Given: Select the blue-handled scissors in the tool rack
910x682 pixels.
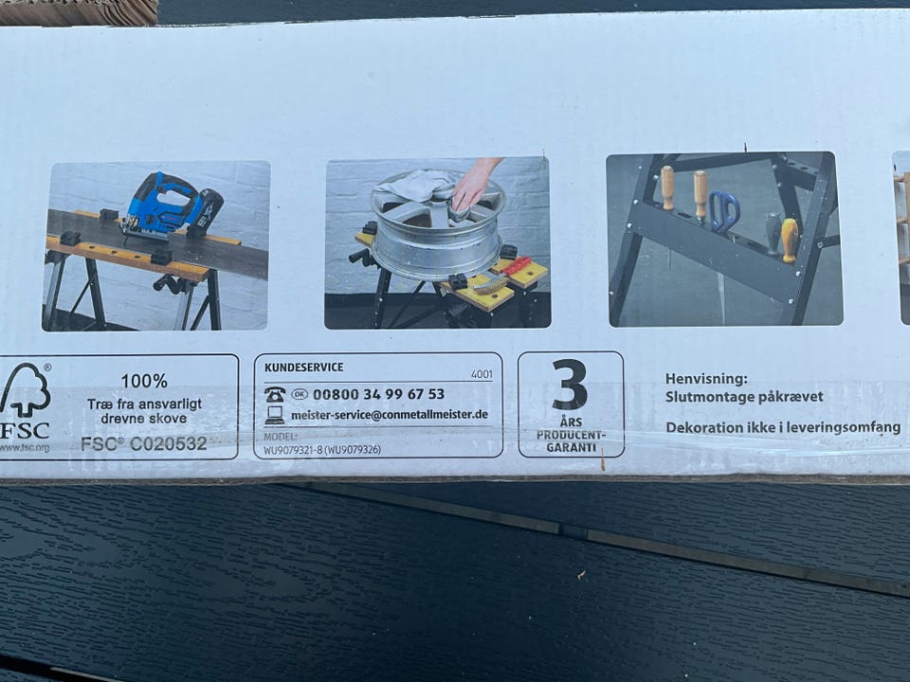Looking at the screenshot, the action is pyautogui.click(x=723, y=211).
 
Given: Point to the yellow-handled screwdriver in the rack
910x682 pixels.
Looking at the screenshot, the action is pyautogui.click(x=790, y=240).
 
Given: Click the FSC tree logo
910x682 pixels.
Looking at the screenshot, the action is pyautogui.click(x=26, y=389).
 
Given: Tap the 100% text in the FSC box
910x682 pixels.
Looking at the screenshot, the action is pyautogui.click(x=144, y=381).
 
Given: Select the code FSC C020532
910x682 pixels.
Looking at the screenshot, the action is pyautogui.click(x=144, y=443).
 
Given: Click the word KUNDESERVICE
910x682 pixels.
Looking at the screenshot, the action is pyautogui.click(x=303, y=368).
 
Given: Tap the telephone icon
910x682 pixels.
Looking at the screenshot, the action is pyautogui.click(x=275, y=394).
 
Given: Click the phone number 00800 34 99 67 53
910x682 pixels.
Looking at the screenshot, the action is pyautogui.click(x=378, y=394).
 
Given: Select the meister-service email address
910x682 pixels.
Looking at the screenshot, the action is pyautogui.click(x=389, y=415).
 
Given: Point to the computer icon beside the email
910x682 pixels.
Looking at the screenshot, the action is pyautogui.click(x=275, y=415).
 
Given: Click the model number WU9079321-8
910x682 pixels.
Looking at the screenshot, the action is pyautogui.click(x=293, y=449).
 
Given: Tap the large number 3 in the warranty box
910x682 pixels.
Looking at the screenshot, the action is pyautogui.click(x=570, y=385).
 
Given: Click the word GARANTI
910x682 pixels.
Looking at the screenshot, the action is pyautogui.click(x=571, y=447).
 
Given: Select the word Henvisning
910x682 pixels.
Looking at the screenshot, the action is pyautogui.click(x=706, y=379).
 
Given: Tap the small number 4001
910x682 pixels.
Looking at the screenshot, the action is pyautogui.click(x=482, y=375).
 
